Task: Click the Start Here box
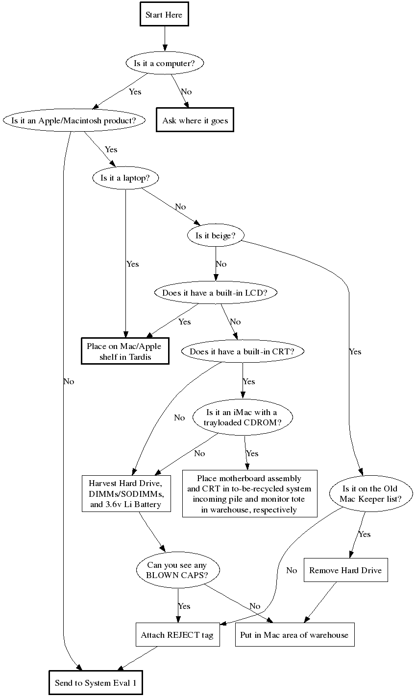pos(164,15)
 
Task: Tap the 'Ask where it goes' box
pos(195,120)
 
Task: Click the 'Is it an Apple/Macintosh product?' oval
pos(74,120)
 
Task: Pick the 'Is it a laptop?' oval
pos(125,178)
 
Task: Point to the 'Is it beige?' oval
pos(216,235)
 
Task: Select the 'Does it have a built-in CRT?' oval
pos(242,351)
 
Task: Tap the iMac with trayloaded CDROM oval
pos(242,418)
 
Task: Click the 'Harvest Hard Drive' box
pos(126,493)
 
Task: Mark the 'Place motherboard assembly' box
pos(249,494)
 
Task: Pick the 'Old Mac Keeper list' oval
pos(370,493)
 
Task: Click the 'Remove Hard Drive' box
pos(345,570)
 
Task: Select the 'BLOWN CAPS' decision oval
pos(177,570)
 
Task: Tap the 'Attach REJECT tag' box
pos(177,635)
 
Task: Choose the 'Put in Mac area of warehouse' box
pos(294,635)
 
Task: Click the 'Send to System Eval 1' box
pos(96,683)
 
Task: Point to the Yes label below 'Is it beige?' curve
pos(355,351)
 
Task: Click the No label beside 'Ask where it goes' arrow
pos(186,92)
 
